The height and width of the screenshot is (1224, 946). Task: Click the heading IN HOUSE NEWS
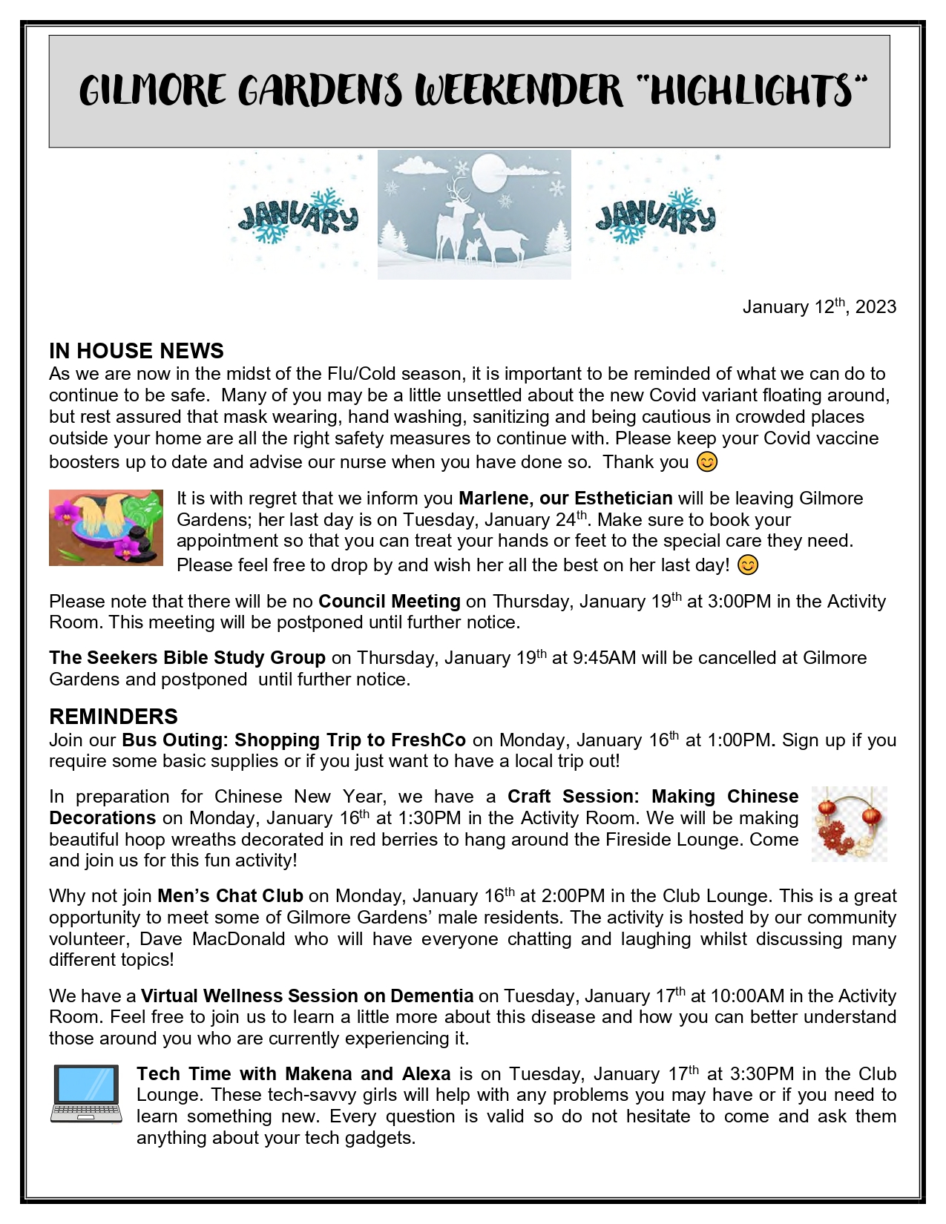pos(137,351)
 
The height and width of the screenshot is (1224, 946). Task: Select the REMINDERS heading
pos(114,717)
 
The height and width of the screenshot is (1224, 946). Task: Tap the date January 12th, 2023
pos(819,306)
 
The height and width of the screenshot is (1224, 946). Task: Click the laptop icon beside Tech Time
pos(86,1094)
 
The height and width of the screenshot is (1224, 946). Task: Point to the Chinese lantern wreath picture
pos(850,823)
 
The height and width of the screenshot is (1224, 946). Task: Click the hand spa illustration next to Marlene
pos(106,527)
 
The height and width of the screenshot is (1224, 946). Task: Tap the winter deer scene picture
pos(474,214)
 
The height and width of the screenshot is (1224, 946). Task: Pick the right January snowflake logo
pos(655,216)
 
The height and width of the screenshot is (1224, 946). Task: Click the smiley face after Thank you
pos(707,462)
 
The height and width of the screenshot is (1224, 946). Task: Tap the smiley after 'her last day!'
pos(748,565)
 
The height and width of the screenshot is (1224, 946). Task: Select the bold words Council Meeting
pos(390,602)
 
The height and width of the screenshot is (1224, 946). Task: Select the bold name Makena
pos(318,1074)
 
